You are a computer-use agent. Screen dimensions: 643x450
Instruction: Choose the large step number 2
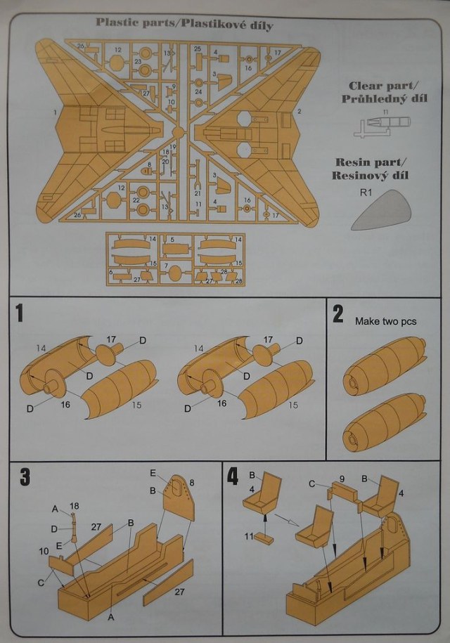[338, 314]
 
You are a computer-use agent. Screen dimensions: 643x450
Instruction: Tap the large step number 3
[25, 476]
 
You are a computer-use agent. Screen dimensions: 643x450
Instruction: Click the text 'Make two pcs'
[385, 321]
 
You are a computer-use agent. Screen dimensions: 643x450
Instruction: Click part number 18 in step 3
[75, 505]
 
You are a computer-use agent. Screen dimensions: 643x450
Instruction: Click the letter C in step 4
[311, 483]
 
